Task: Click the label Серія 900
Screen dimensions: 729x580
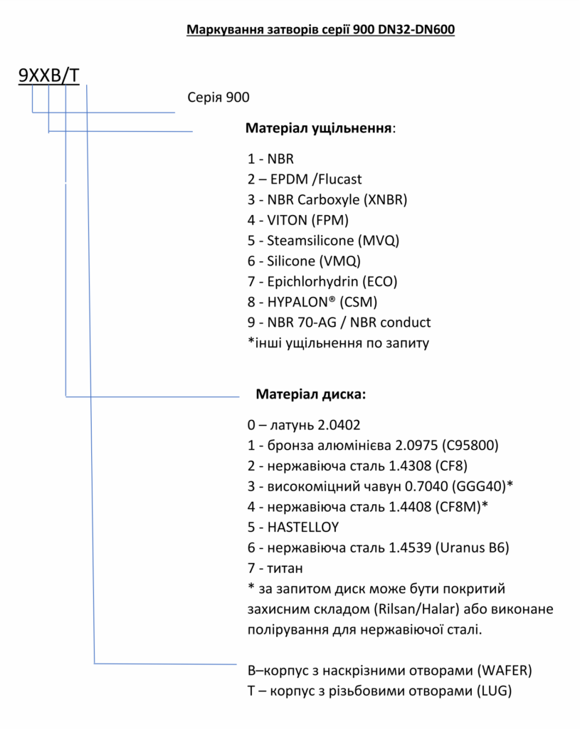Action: coord(218,98)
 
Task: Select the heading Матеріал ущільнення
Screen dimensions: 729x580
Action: coord(319,129)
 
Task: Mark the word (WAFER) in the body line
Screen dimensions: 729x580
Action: coord(504,671)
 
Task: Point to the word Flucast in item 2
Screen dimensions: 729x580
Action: coord(337,179)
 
